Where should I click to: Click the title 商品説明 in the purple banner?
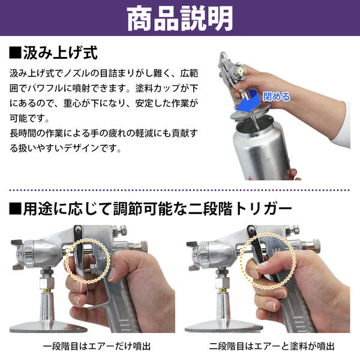point(180,20)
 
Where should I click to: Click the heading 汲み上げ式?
point(60,53)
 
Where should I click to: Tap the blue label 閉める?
point(276,96)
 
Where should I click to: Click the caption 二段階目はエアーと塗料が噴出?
point(272,346)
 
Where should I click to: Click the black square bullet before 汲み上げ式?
point(16,53)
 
